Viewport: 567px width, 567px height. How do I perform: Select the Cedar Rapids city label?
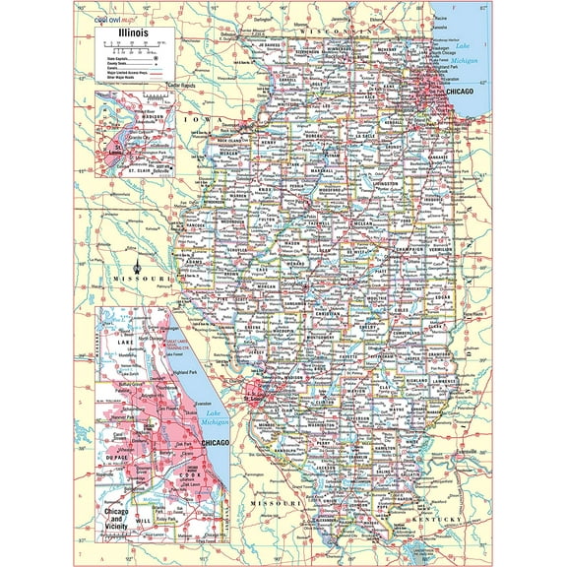pos(189,85)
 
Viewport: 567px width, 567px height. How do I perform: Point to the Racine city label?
pos(450,17)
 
